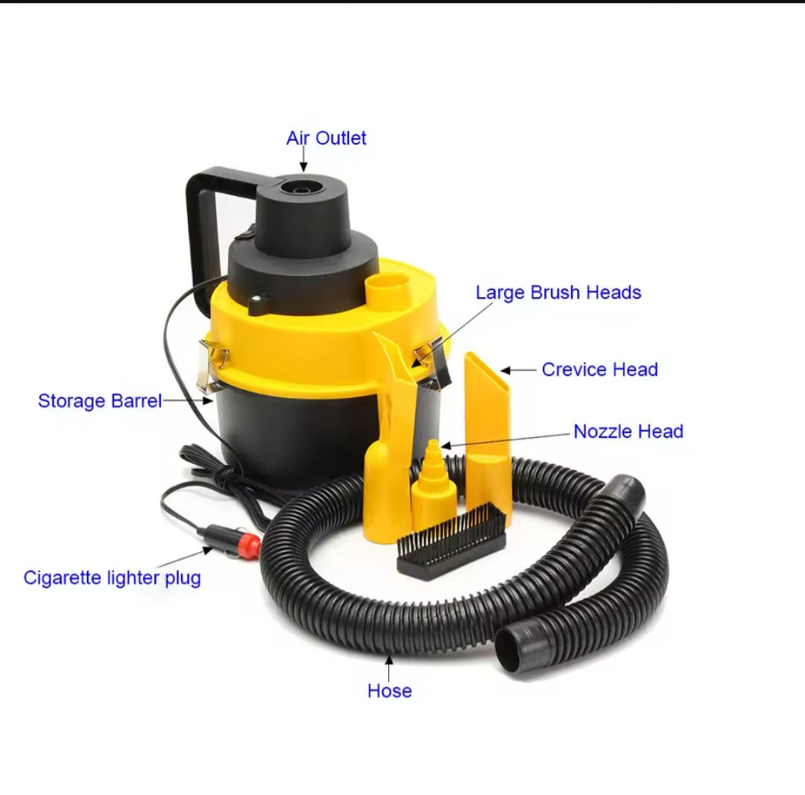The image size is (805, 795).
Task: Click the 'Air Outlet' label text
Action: pyautogui.click(x=326, y=138)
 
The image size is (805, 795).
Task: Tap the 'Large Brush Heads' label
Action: pyautogui.click(x=558, y=293)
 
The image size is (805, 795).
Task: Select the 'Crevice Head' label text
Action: pyautogui.click(x=599, y=370)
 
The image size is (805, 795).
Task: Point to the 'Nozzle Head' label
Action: pyautogui.click(x=628, y=431)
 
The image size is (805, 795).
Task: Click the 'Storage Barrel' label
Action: pyautogui.click(x=100, y=401)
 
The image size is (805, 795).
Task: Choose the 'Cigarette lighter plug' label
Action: pyautogui.click(x=112, y=578)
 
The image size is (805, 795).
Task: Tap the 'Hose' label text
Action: pyautogui.click(x=389, y=691)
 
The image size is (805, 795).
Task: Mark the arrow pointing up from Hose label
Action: pyautogui.click(x=389, y=668)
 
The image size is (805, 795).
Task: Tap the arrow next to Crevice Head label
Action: pyautogui.click(x=519, y=370)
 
